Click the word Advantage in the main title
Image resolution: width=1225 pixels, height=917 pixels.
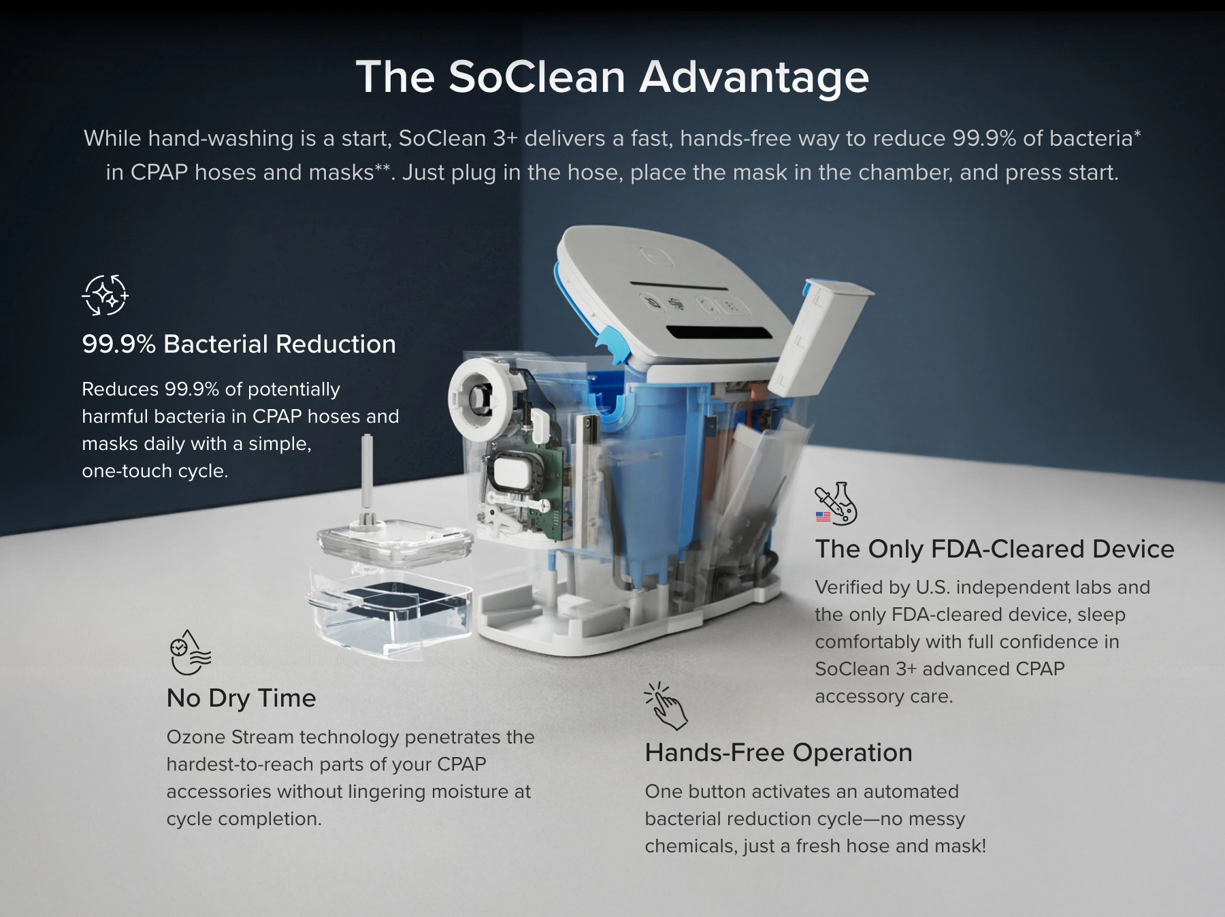tap(753, 76)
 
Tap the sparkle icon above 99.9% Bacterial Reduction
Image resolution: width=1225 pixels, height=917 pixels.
tap(105, 295)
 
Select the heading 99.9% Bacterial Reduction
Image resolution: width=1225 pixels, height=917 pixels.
tap(238, 344)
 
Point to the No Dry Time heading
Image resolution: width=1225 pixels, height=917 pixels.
tap(241, 698)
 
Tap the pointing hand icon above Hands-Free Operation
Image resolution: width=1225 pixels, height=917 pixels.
tap(666, 707)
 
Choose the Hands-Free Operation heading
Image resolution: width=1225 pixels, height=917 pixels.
tap(778, 752)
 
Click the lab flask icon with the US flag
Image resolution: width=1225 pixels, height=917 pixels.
tap(836, 504)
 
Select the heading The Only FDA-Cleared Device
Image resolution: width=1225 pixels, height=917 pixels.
tap(994, 549)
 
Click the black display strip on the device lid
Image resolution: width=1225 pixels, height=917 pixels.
tap(719, 333)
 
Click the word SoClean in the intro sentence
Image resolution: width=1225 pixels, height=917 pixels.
tap(442, 138)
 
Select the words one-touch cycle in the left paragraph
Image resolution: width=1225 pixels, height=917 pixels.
tap(154, 470)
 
